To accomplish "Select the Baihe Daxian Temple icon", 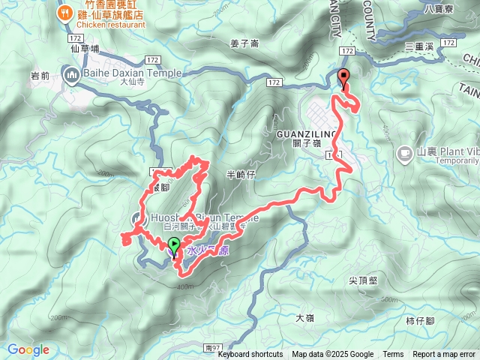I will (73, 73).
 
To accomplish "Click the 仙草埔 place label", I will (85, 48).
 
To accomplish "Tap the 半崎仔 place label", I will (241, 174).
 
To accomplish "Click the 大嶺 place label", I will (304, 317).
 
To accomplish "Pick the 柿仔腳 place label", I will (421, 320).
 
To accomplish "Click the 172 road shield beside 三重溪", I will (449, 43).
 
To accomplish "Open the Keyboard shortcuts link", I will (250, 355).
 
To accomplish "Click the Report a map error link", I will (445, 355).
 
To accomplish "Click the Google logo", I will (28, 349).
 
